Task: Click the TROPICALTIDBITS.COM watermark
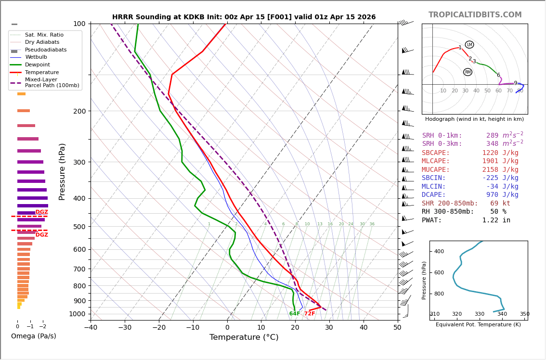(x=475, y=15)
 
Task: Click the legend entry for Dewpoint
(x=37, y=64)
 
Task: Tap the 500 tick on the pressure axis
(x=79, y=227)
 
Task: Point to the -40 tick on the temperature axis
(x=91, y=328)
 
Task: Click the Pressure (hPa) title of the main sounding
(x=62, y=171)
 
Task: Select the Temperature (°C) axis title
(x=244, y=337)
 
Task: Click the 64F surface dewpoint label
(x=295, y=314)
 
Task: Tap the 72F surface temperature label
(x=310, y=314)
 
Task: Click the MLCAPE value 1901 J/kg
(x=500, y=161)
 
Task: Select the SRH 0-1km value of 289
(x=492, y=136)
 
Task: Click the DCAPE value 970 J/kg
(x=502, y=195)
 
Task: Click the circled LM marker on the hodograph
(x=469, y=45)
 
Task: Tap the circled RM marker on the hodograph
(x=468, y=72)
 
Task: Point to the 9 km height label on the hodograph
(x=515, y=83)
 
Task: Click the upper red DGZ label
(x=42, y=212)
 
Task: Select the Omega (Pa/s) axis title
(x=33, y=336)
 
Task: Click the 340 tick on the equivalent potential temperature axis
(x=502, y=314)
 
